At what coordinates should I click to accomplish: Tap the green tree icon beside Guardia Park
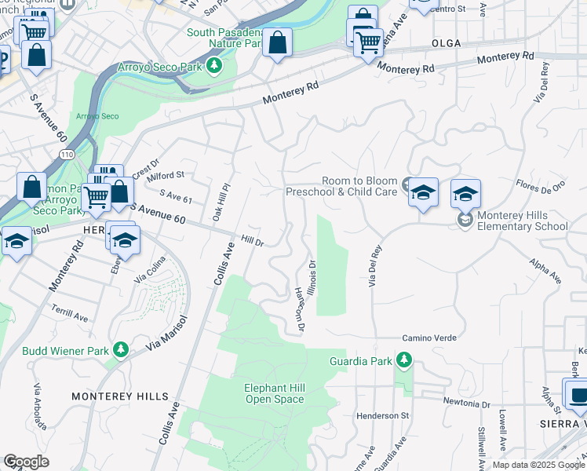(x=403, y=360)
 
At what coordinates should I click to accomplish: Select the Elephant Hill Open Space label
(x=273, y=393)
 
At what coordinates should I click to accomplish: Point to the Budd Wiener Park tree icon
(x=120, y=349)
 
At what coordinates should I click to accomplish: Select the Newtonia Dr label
(x=465, y=404)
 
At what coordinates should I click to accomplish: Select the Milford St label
(x=165, y=175)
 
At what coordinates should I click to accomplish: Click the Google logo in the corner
(x=26, y=462)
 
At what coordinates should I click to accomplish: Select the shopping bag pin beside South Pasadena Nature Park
(x=277, y=43)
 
